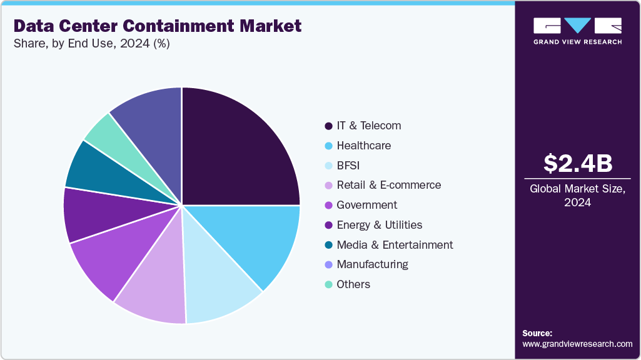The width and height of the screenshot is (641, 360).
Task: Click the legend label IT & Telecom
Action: point(368,126)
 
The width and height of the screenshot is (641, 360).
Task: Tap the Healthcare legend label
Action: point(363,146)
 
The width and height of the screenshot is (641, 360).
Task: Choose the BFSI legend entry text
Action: point(348,166)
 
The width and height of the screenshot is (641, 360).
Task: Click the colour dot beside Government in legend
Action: point(328,206)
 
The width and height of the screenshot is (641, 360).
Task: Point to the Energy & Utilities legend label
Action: point(379,225)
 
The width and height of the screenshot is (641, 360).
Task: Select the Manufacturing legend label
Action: point(372,264)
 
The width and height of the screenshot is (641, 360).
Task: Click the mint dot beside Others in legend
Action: point(328,285)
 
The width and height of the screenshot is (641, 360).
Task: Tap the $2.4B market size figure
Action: point(577,163)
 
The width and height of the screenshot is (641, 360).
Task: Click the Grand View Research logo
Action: point(577,31)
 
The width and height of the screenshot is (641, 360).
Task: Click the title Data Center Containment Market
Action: point(157,26)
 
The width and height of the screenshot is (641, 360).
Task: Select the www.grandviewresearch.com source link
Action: point(577,344)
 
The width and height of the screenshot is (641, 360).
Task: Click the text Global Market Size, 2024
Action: point(577,195)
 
